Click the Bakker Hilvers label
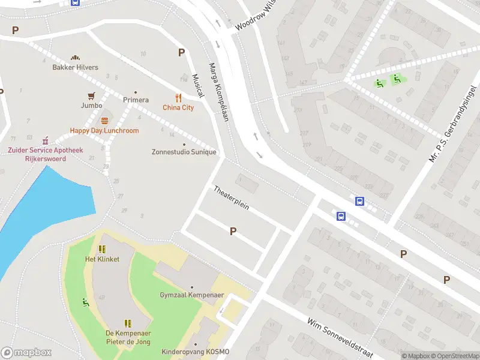(75, 67)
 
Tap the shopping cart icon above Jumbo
(91, 95)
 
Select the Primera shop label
(136, 100)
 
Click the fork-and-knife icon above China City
(178, 98)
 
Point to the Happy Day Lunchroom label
(104, 131)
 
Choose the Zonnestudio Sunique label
(184, 152)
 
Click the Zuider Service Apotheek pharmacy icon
(45, 139)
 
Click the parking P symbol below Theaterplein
(233, 231)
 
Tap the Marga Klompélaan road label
(219, 92)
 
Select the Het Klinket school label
(102, 259)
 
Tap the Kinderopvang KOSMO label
(195, 352)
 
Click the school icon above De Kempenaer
(127, 323)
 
